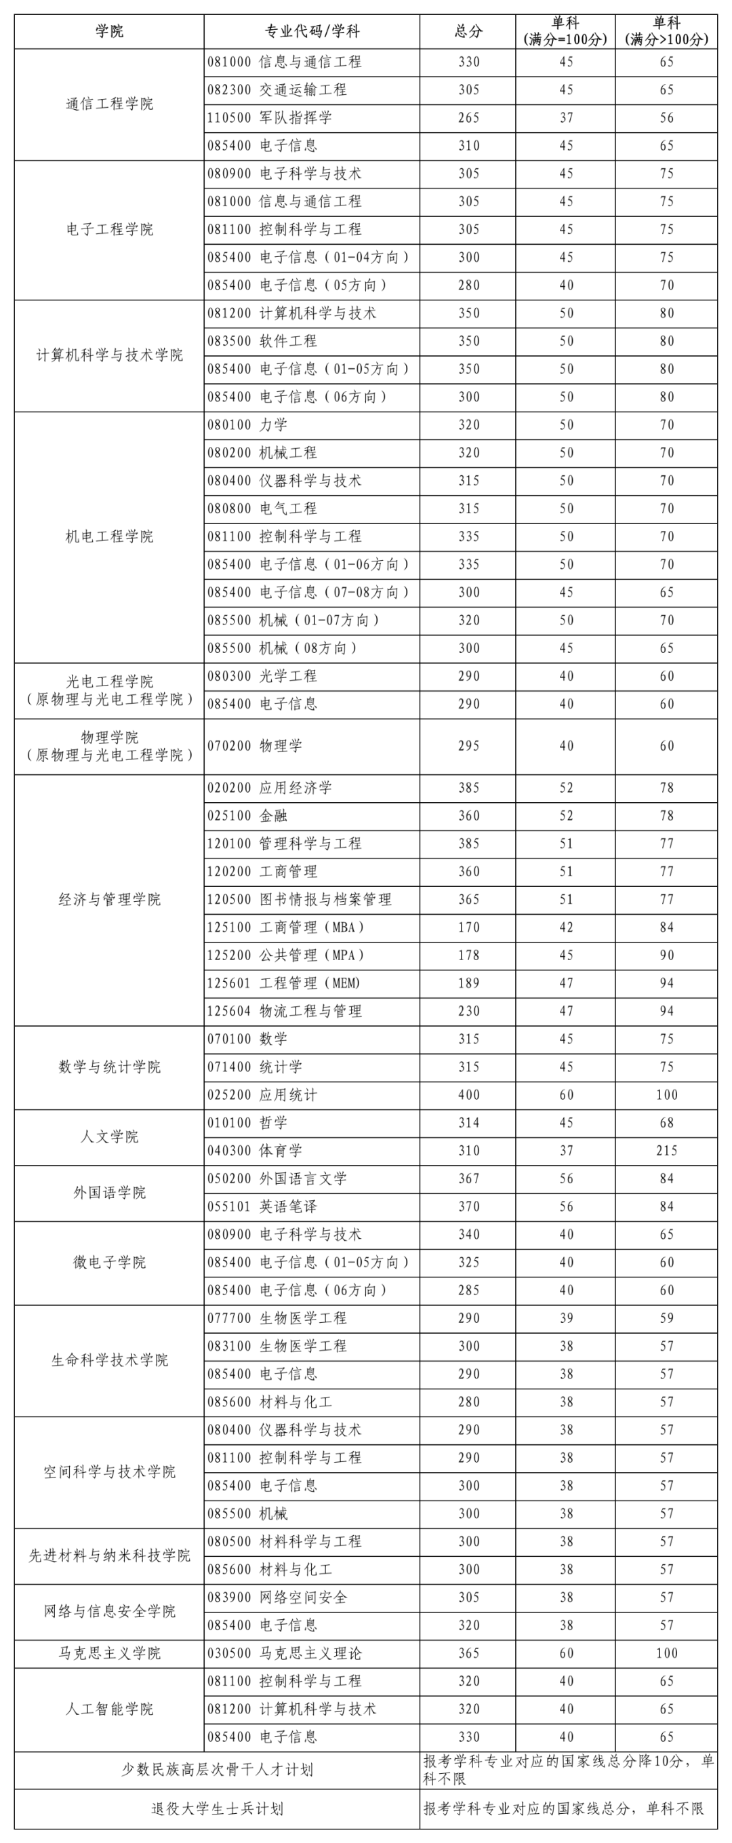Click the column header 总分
pos(468,31)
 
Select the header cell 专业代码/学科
pos(312,31)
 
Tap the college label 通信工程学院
pos(109,104)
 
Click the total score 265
pos(468,117)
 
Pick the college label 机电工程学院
pos(109,536)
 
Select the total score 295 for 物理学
pos(468,745)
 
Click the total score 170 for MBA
pos(468,926)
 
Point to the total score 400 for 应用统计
pos(468,1094)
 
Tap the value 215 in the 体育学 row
pos(666,1150)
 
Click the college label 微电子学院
pos(109,1261)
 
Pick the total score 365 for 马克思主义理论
pos(468,1652)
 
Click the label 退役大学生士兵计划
pos(217,1808)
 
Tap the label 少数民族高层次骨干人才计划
pos(217,1769)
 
